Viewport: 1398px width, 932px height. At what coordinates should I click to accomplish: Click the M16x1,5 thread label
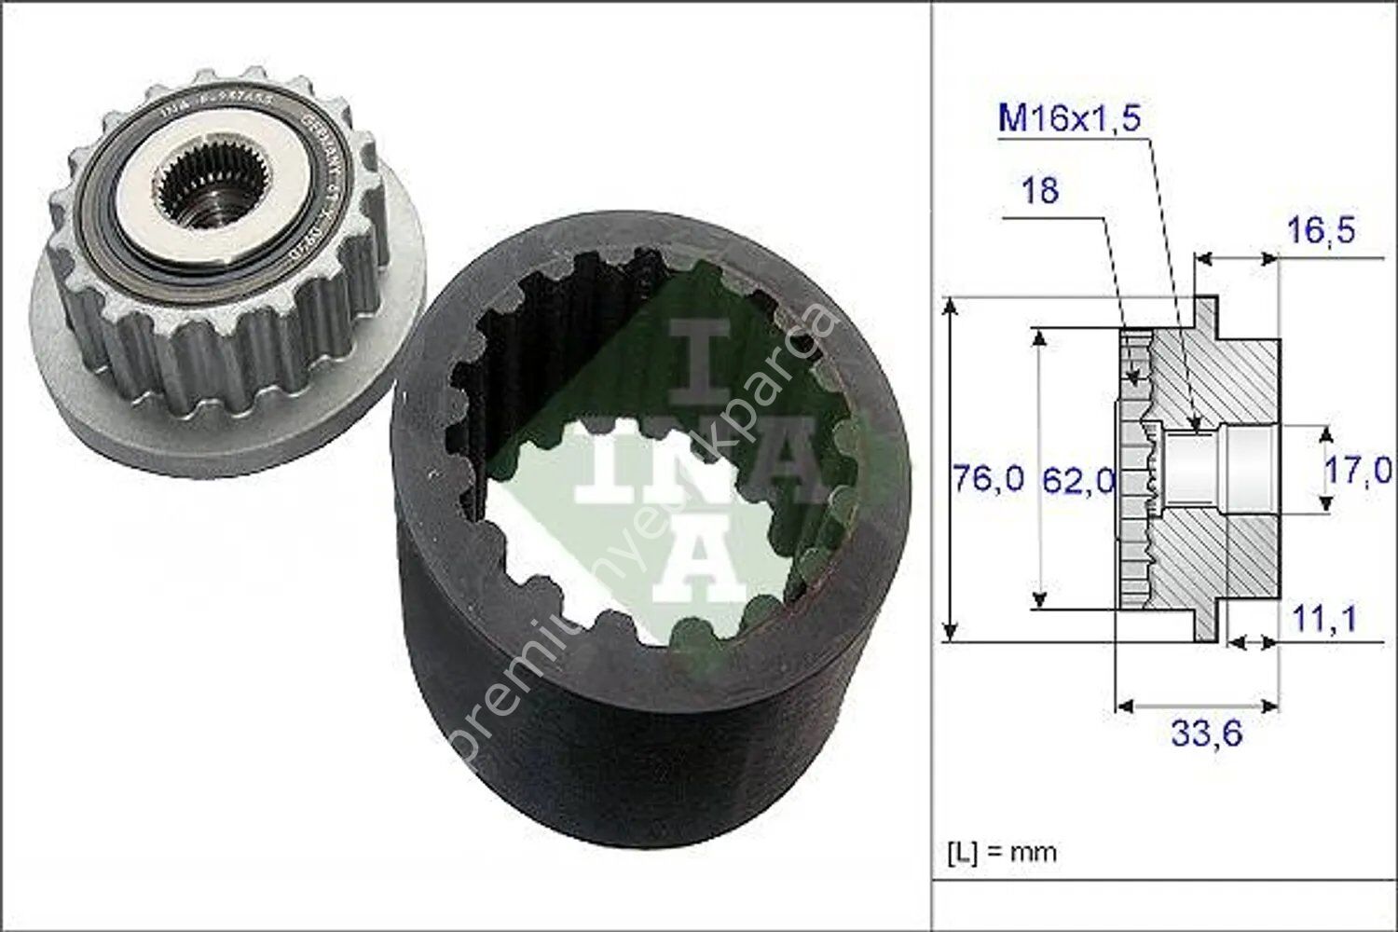1069,119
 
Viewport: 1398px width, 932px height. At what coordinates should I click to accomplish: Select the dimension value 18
1039,191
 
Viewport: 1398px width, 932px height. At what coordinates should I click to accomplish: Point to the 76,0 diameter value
987,480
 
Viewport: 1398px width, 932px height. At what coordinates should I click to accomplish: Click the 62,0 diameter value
1077,480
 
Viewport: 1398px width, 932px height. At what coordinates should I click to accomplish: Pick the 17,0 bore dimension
1357,471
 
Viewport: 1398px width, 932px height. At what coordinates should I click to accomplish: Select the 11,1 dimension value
1323,617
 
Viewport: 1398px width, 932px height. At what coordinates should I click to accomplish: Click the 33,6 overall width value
1206,733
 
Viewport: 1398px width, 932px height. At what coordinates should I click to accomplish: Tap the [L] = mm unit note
1002,852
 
